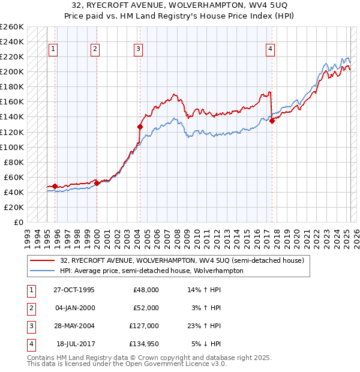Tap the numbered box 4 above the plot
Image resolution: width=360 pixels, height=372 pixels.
(x=271, y=49)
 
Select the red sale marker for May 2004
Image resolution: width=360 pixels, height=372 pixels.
(x=140, y=127)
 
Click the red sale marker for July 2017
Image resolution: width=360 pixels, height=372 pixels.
(x=272, y=121)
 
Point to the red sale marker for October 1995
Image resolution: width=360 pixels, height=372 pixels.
(x=55, y=186)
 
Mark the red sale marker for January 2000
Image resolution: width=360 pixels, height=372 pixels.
(x=97, y=183)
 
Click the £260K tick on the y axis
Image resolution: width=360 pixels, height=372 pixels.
(x=12, y=27)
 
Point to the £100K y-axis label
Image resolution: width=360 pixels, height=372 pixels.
(x=12, y=147)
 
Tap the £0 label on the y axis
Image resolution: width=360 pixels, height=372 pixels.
(x=17, y=222)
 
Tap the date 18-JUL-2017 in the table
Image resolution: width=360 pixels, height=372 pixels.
(x=75, y=344)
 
